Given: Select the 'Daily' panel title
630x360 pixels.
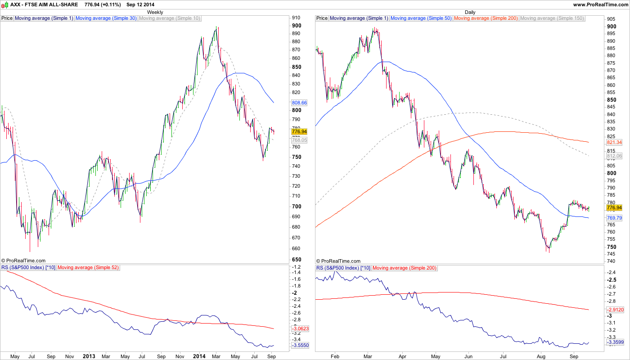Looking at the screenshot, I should pos(470,12).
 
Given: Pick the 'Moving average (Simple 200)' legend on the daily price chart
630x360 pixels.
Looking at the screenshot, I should pos(486,18).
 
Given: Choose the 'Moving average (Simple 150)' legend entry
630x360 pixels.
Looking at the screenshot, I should pos(552,18).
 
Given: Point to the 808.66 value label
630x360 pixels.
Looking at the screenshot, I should pos(299,103).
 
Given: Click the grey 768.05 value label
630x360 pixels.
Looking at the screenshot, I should pos(299,140).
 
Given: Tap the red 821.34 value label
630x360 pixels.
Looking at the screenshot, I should pos(614,142).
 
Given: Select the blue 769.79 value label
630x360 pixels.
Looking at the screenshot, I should pos(614,218).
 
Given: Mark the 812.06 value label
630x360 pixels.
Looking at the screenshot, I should pos(614,156).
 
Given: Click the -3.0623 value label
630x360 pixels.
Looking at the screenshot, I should pos(299,329).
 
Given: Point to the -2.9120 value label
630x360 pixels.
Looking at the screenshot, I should pos(614,310).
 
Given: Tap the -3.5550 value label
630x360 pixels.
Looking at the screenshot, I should pos(299,346).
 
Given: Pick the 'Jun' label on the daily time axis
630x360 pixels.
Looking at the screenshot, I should pos(468,356).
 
